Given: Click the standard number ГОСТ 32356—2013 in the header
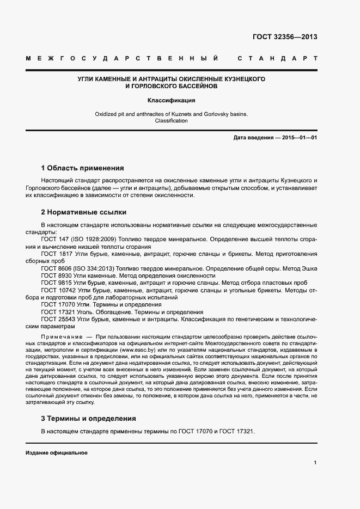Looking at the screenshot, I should click(285, 38).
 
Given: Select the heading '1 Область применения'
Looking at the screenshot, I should click(83, 168).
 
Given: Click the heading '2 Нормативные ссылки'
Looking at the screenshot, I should click(83, 212).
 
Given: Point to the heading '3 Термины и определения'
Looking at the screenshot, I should click(89, 419).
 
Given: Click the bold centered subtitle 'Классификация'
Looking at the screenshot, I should click(172, 100).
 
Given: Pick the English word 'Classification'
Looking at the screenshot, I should click(172, 121).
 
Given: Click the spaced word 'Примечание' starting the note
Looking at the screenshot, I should click(59, 338).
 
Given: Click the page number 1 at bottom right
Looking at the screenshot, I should click(315, 463).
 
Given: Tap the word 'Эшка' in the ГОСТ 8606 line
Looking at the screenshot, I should click(308, 268).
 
